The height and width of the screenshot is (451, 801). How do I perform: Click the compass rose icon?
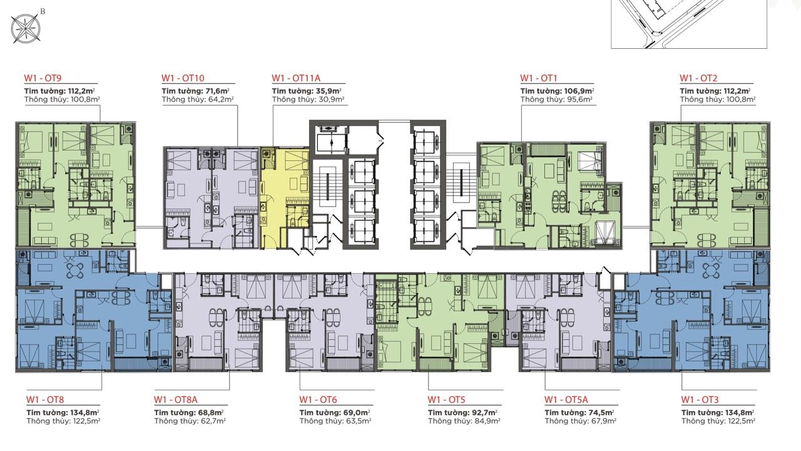pos(26,29)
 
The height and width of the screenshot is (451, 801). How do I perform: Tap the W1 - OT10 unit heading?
pos(183,78)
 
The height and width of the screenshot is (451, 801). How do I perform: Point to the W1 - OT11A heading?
pos(296,78)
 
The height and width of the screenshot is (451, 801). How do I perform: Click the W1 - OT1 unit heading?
pos(539,78)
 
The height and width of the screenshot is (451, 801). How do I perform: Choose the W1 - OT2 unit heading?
pos(698,78)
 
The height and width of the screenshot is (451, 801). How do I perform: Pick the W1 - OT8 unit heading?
pos(45,400)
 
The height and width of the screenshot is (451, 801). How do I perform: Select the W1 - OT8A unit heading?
pos(176,400)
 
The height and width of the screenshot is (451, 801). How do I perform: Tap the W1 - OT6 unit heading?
pos(319,400)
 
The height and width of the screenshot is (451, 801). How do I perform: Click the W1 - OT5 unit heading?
pos(446,400)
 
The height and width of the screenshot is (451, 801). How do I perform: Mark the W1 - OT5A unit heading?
pos(566,400)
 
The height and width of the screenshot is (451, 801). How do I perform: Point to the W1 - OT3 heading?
pos(700,400)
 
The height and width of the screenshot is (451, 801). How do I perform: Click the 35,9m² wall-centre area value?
pos(328,91)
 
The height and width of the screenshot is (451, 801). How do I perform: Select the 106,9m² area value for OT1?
pos(579,91)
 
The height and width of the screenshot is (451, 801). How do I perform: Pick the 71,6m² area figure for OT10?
pos(216,91)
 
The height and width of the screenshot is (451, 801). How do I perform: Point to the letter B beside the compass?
pos(43,11)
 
